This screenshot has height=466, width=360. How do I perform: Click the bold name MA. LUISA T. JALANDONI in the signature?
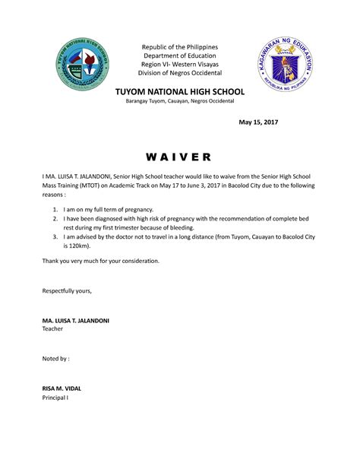tap(76, 321)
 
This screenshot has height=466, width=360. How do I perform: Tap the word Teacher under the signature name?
tap(53, 329)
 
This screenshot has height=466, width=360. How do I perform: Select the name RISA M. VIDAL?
tap(62, 388)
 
